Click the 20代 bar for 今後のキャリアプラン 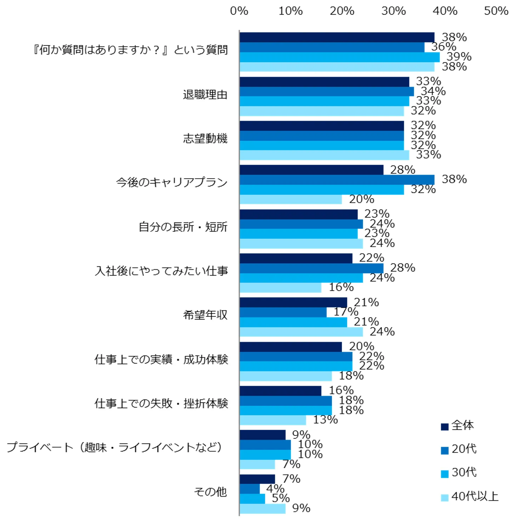point(336,180)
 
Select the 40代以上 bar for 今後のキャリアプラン point(290,199)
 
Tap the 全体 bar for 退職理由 point(324,82)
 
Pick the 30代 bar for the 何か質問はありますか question point(339,57)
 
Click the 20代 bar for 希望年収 point(283,312)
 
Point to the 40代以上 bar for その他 point(262,508)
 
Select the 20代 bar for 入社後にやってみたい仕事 point(311,268)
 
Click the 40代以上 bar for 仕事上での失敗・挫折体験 point(273,420)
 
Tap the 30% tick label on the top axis point(393,11)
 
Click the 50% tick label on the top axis point(496,11)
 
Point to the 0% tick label point(239,11)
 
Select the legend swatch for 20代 point(444,450)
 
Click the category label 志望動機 point(205,139)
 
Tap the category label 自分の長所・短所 point(183,227)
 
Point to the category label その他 point(210,492)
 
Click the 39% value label point(459,57)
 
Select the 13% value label point(325,420)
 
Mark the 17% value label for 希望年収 point(346,312)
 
